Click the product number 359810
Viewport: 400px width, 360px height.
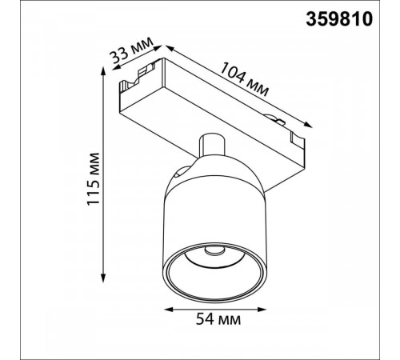click(x=339, y=19)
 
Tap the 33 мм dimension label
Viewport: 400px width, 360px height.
click(x=131, y=53)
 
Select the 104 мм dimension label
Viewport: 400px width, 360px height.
click(x=244, y=79)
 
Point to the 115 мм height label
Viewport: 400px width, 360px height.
click(x=94, y=179)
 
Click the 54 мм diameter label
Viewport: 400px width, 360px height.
click(x=218, y=319)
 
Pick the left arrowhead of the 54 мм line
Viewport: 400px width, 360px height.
click(x=169, y=310)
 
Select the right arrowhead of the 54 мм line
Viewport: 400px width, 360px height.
click(x=262, y=310)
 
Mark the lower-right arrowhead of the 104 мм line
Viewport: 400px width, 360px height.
click(x=308, y=125)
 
